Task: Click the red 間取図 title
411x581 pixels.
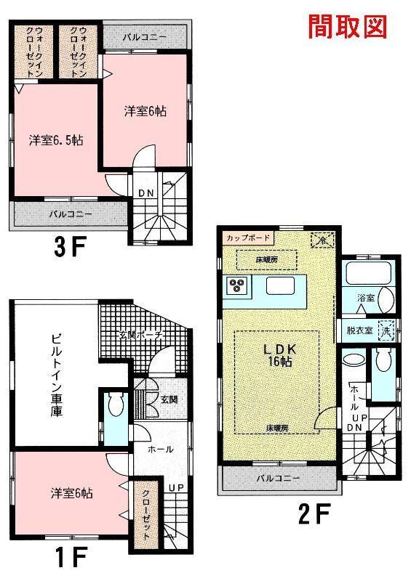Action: pyautogui.click(x=348, y=27)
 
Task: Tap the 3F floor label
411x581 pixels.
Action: pyautogui.click(x=70, y=247)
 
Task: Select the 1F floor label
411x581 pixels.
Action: pyautogui.click(x=71, y=557)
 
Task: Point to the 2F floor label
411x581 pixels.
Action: pyautogui.click(x=314, y=514)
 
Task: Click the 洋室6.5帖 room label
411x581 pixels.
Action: pyautogui.click(x=56, y=140)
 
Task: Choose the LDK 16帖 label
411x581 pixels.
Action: pyautogui.click(x=279, y=355)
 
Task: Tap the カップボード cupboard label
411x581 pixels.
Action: pyautogui.click(x=248, y=237)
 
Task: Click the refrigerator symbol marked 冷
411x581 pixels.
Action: pyautogui.click(x=323, y=240)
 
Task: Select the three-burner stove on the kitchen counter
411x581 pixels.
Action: pyautogui.click(x=237, y=285)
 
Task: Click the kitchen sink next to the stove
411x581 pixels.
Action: pyautogui.click(x=280, y=285)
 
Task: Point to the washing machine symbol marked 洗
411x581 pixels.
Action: pyautogui.click(x=386, y=330)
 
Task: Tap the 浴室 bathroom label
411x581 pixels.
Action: pyautogui.click(x=366, y=297)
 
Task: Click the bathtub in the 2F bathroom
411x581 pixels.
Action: pyautogui.click(x=368, y=274)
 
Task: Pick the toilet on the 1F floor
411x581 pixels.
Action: pyautogui.click(x=116, y=404)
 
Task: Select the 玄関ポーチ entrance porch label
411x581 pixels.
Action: pyautogui.click(x=141, y=335)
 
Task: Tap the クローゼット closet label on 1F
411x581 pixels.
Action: pyautogui.click(x=146, y=516)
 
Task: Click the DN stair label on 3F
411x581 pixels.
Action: pyautogui.click(x=146, y=193)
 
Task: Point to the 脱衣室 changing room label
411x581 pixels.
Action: pyautogui.click(x=360, y=330)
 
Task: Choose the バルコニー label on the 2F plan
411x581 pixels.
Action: pyautogui.click(x=278, y=478)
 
